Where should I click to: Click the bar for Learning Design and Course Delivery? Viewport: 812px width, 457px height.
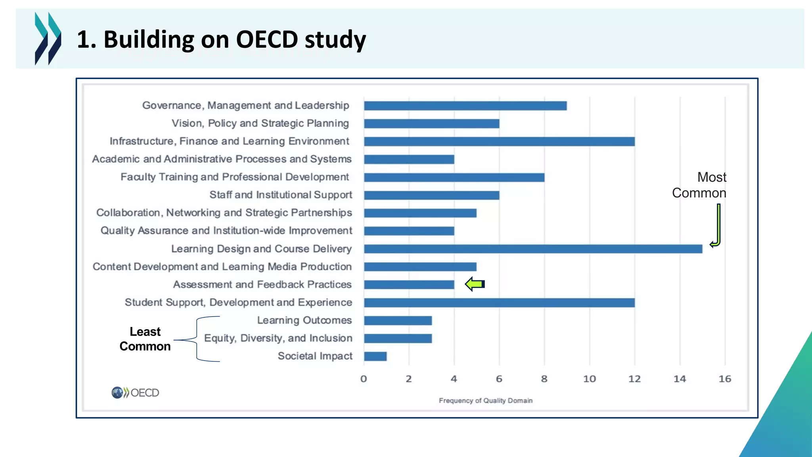tap(533, 249)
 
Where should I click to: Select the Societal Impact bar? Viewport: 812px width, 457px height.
tap(375, 356)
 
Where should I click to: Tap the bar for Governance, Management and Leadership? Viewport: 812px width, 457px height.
tap(465, 106)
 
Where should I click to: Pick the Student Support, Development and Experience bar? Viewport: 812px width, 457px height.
tap(499, 303)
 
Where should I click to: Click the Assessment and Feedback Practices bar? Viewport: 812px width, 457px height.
tap(409, 284)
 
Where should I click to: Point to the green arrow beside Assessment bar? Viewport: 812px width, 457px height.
tap(475, 284)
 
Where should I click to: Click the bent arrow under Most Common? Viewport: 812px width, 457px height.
tap(717, 226)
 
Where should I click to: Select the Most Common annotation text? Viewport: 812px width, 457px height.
tap(699, 185)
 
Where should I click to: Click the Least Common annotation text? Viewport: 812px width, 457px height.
tap(145, 339)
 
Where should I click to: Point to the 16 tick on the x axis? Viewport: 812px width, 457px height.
tap(725, 379)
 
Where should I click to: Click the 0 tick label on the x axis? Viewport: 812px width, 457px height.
tap(364, 379)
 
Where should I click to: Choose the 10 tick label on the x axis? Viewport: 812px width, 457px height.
tap(589, 379)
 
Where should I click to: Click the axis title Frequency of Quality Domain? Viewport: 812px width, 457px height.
tap(485, 401)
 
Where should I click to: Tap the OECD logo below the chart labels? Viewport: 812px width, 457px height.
tap(135, 393)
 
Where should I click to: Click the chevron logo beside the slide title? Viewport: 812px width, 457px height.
tap(48, 38)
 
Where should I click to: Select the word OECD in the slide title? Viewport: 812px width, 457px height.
tap(267, 40)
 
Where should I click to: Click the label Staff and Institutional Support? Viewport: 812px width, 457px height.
tap(281, 195)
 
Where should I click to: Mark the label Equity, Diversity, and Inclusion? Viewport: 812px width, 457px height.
tap(278, 338)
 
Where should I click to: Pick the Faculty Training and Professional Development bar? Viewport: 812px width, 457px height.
tap(454, 177)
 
